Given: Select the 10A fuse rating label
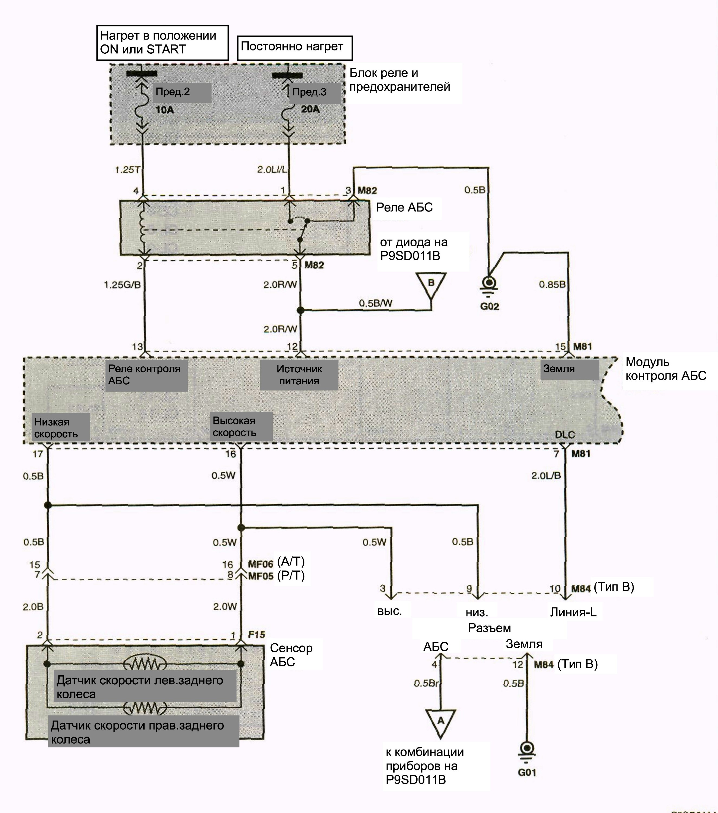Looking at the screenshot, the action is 165,110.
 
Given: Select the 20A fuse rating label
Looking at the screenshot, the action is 310,109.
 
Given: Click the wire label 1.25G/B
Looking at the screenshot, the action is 122,285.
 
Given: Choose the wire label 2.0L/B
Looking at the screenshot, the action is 546,475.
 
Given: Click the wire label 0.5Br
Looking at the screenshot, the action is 426,683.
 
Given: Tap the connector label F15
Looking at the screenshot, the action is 256,634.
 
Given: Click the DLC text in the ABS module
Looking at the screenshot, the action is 565,434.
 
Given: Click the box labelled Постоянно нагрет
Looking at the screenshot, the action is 295,48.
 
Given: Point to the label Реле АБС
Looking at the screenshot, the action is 404,207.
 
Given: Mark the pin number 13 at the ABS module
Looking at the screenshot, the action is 138,347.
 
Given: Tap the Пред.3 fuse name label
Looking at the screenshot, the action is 309,92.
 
